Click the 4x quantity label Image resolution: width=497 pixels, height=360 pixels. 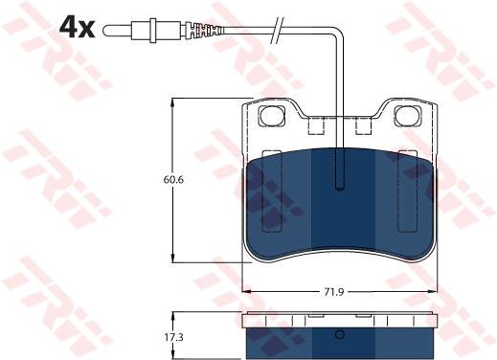(77, 28)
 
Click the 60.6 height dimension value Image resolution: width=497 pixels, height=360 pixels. (173, 180)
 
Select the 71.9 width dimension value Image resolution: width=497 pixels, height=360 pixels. (334, 292)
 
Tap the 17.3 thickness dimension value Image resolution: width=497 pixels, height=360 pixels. (173, 337)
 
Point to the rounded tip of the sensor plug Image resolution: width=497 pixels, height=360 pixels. (106, 31)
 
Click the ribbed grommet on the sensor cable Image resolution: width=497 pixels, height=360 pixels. (203, 30)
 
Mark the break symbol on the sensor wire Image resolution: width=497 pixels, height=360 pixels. (277, 30)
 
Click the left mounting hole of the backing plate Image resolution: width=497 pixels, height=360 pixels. (271, 116)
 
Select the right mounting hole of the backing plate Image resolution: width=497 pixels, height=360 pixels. (408, 116)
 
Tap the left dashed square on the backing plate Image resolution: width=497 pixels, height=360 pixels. (316, 125)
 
